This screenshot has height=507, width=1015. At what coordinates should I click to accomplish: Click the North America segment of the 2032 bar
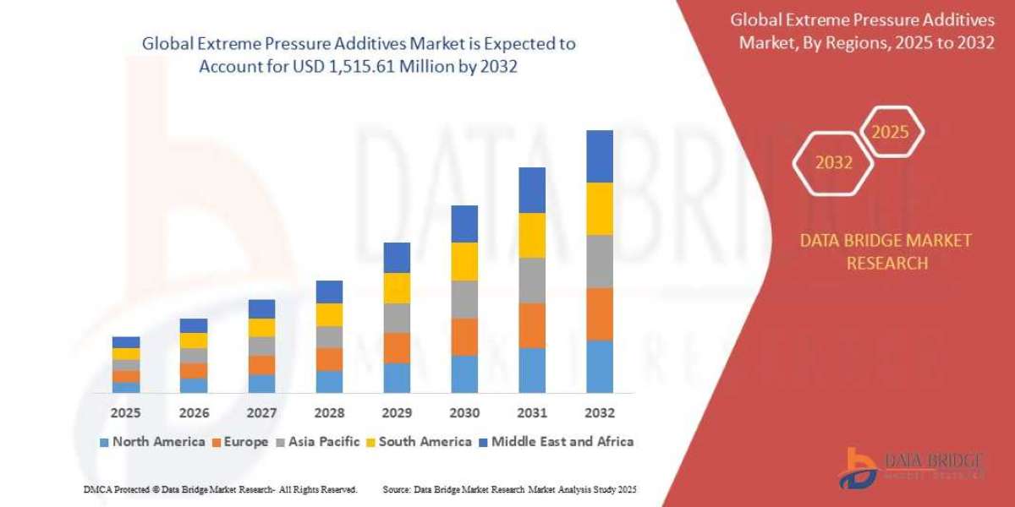[599, 367]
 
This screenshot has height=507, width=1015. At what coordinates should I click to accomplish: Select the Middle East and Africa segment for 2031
[531, 190]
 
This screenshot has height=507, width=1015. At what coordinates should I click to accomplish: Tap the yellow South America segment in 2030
[464, 261]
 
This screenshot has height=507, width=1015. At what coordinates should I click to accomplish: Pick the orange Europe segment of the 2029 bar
[396, 347]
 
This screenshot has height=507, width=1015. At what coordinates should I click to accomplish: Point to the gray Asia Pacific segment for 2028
[329, 336]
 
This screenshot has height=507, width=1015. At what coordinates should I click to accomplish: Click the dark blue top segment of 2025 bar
[126, 342]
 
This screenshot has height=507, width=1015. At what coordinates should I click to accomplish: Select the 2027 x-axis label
[261, 414]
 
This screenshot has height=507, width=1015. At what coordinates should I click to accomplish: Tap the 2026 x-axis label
[194, 414]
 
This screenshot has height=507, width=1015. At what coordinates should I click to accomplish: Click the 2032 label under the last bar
[599, 414]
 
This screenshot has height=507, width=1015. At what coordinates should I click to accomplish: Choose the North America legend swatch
[104, 442]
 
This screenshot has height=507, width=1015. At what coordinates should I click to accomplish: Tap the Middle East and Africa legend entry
[555, 441]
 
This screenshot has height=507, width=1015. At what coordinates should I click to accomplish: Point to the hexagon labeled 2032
[833, 163]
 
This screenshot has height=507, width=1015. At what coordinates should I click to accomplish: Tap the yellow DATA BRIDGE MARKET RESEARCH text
[886, 252]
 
